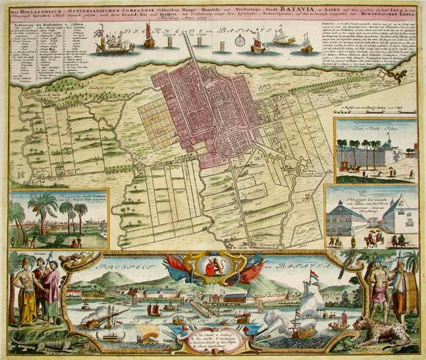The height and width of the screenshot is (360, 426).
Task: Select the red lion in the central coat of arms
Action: [212, 266]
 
